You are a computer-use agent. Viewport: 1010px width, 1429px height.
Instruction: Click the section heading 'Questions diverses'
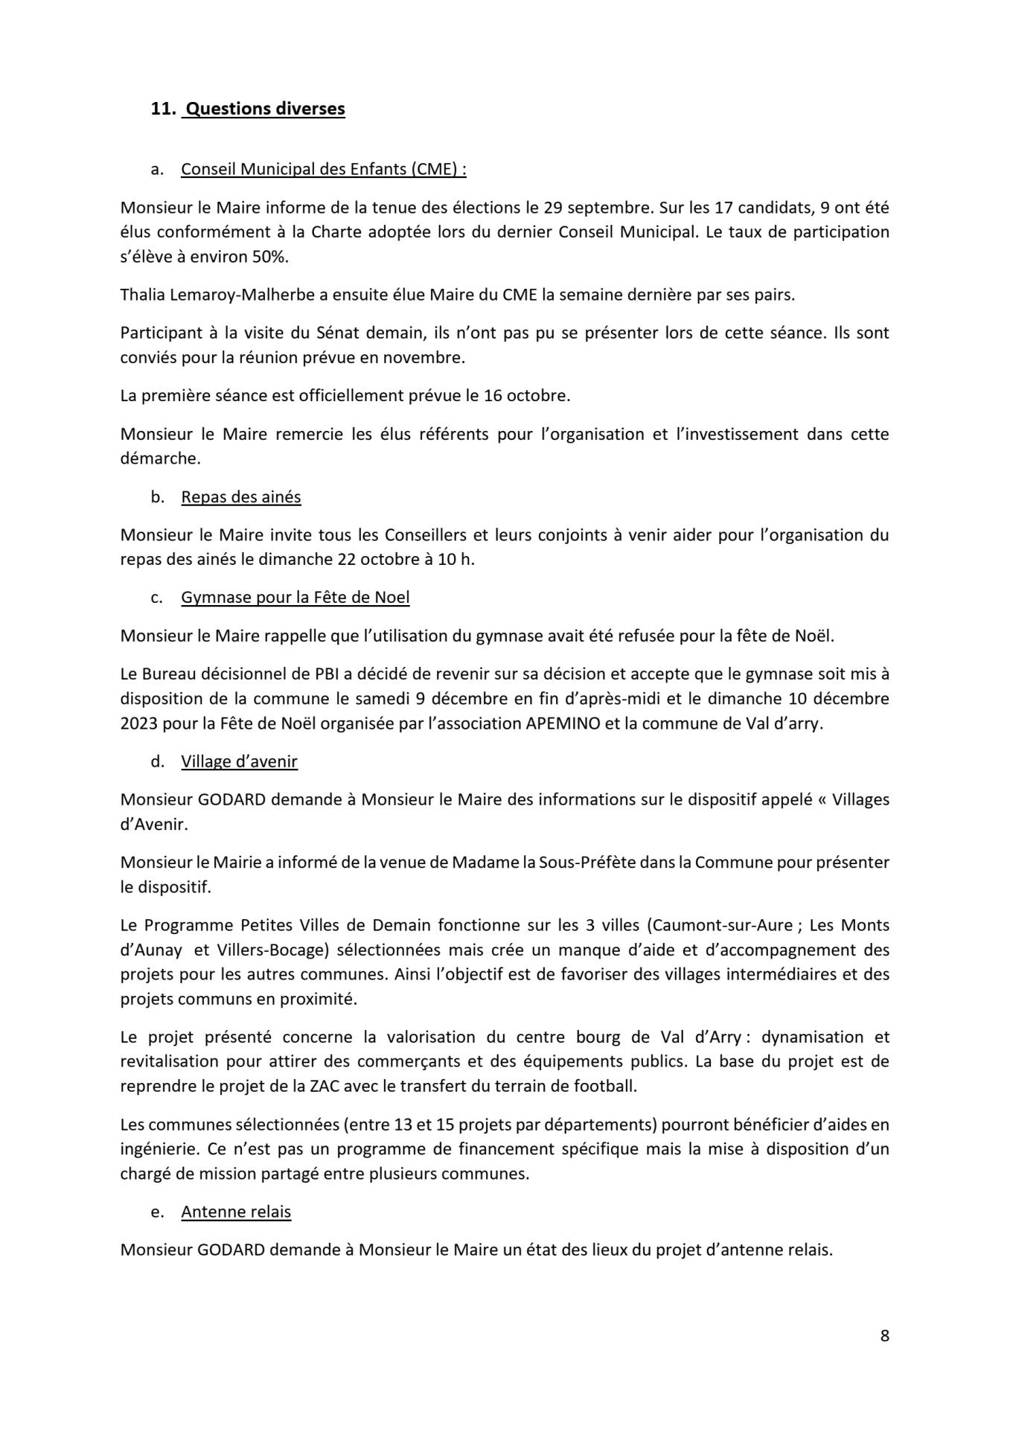coord(264,109)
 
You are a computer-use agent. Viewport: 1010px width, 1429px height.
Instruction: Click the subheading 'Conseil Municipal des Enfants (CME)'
coord(323,169)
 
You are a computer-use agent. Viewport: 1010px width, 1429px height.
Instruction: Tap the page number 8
coord(884,1335)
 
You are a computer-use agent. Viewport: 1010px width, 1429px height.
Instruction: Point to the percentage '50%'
coord(270,256)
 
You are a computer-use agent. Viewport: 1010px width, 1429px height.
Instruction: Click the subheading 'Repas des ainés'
coord(240,496)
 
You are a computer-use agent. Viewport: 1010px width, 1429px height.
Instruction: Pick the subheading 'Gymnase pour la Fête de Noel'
coord(295,597)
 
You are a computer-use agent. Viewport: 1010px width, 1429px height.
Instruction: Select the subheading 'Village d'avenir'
coord(239,761)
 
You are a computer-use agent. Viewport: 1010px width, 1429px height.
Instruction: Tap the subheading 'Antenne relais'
coord(236,1212)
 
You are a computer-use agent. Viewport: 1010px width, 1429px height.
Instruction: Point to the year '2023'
coord(138,723)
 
